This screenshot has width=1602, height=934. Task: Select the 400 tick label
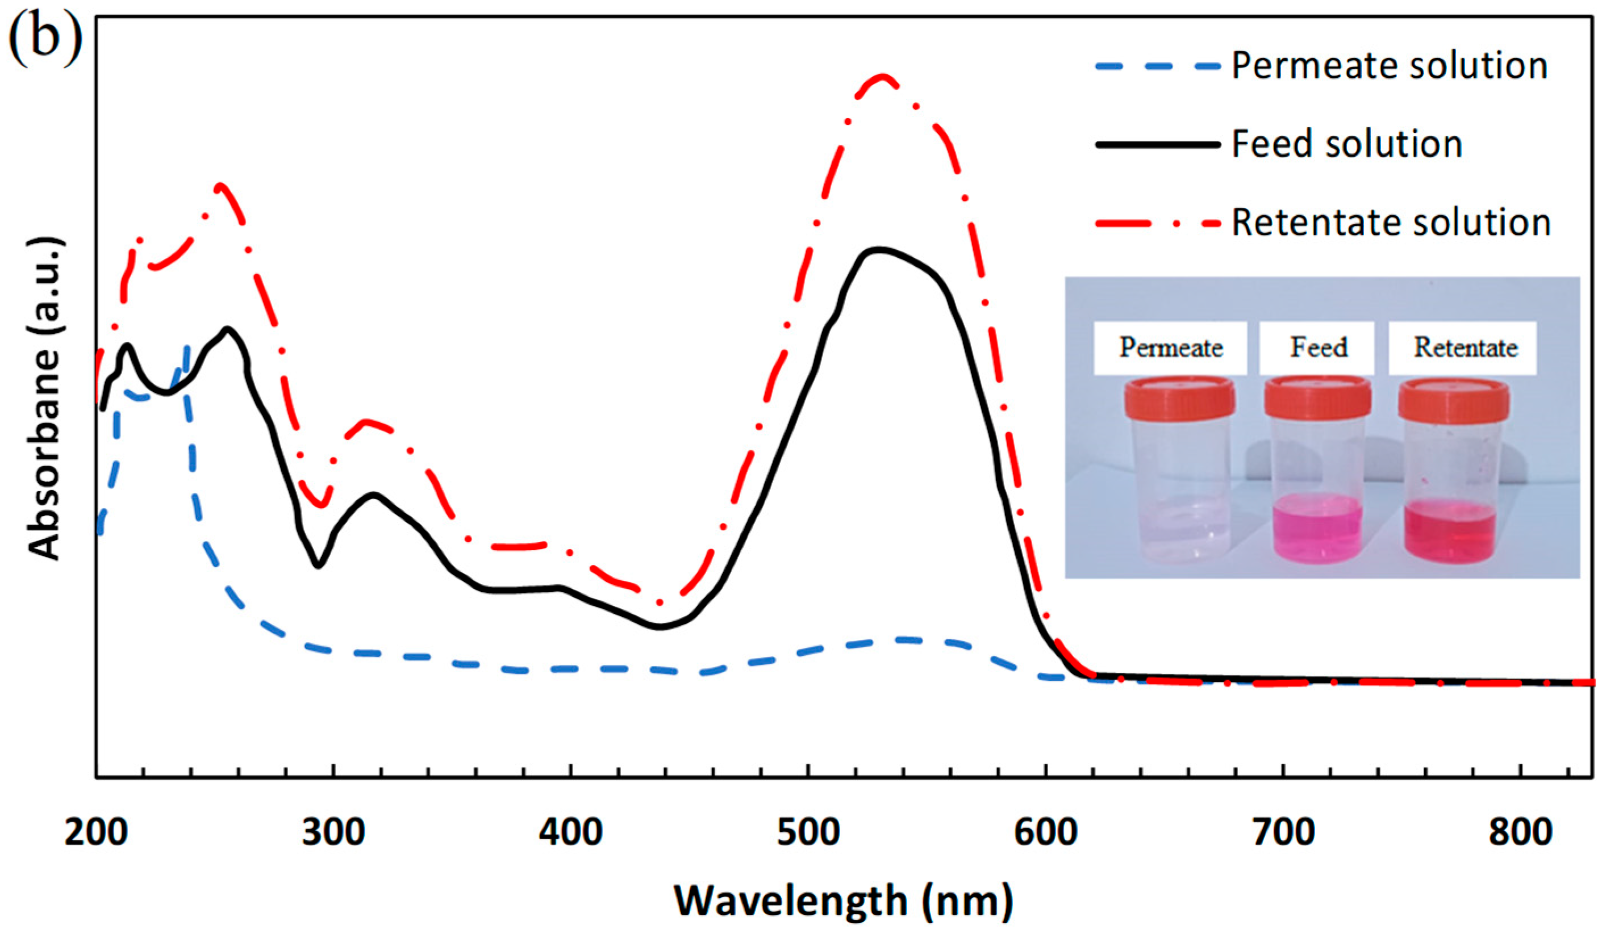(570, 832)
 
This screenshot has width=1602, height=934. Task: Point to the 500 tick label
(808, 832)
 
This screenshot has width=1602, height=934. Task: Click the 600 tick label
(1046, 832)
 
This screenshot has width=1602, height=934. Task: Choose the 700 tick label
(1283, 832)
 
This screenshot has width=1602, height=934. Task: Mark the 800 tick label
(1521, 832)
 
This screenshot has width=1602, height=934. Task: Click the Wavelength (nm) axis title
(843, 901)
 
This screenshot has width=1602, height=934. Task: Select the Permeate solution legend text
(1390, 65)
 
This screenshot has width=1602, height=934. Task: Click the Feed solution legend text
(1347, 144)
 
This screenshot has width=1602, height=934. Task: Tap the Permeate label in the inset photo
(1171, 347)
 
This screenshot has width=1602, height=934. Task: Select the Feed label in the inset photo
(1319, 347)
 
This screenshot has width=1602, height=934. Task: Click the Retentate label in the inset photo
(1465, 347)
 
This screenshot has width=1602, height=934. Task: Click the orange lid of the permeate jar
(1179, 399)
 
